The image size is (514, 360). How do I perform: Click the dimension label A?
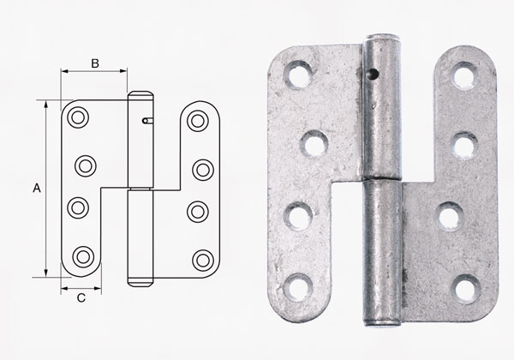click(35, 185)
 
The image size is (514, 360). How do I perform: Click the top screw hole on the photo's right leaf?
click(463, 77)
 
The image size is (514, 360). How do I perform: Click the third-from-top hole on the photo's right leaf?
click(449, 214)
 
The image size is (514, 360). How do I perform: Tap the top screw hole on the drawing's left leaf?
click(76, 117)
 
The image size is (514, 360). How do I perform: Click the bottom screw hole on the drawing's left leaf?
click(82, 255)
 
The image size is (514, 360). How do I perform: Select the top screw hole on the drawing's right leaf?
click(199, 118)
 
